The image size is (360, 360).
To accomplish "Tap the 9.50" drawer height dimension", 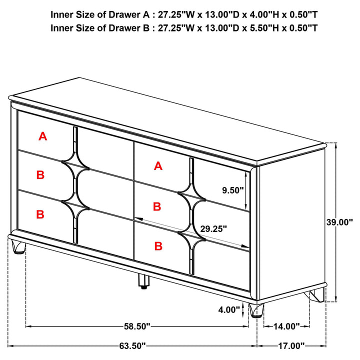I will [233, 190].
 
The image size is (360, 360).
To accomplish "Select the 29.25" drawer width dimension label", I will [214, 229].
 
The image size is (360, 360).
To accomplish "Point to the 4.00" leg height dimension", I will [229, 309].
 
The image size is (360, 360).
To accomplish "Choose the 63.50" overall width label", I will [132, 345].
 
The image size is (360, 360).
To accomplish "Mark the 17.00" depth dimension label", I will [291, 345].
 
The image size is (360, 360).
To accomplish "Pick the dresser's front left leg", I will [18, 247].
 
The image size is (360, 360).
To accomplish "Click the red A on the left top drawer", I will [43, 135].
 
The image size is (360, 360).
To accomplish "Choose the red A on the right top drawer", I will [158, 166].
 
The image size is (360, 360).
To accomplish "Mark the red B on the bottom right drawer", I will [158, 246].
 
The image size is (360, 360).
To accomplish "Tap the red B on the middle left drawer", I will [40, 175].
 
